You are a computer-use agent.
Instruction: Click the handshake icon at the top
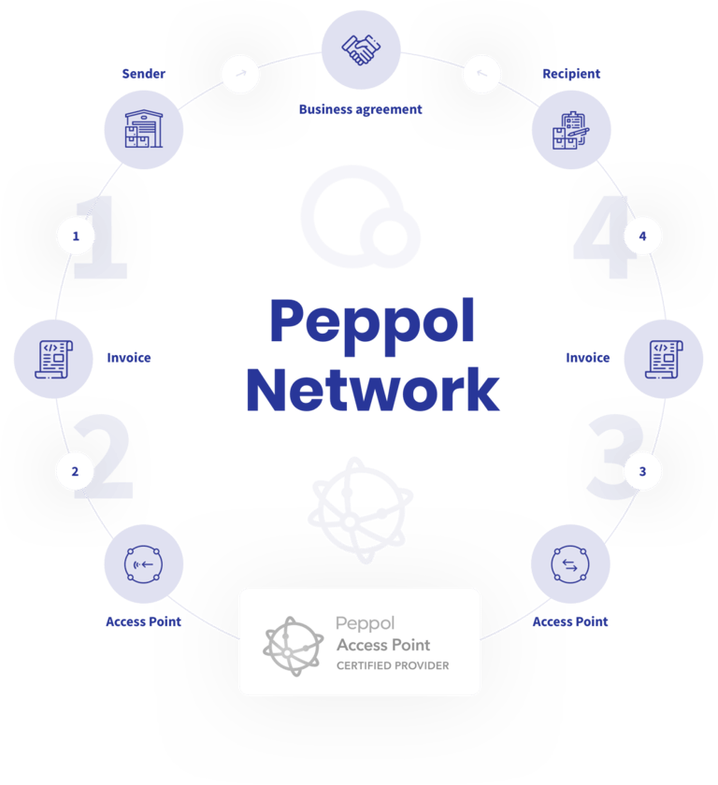360,50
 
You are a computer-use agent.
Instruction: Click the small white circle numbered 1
76,236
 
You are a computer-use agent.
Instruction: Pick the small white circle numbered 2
76,472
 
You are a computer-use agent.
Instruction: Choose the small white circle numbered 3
642,472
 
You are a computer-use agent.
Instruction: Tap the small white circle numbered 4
642,236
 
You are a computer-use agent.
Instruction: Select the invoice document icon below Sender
53,357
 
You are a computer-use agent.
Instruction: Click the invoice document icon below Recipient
663,357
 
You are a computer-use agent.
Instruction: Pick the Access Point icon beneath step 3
569,564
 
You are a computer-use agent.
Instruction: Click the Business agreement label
360,109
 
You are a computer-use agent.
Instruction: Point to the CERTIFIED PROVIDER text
393,665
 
